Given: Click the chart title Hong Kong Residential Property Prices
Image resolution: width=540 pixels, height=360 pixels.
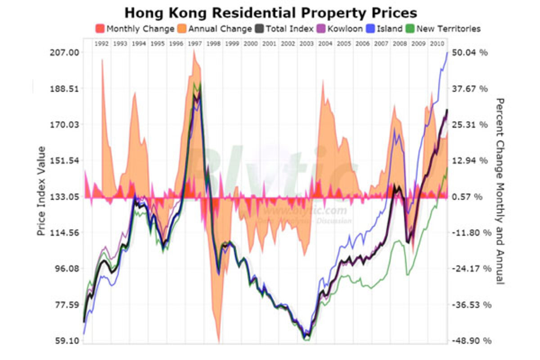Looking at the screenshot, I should coord(270,12).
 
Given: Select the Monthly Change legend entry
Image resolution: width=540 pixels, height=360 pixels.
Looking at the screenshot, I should coord(139,29).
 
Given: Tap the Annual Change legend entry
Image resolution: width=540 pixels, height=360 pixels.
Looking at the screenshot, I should coord(220,29).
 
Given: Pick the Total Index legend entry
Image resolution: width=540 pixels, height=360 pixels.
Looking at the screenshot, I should coord(289,29).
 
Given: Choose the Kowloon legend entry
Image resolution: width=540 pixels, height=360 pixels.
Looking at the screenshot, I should coord(345,29).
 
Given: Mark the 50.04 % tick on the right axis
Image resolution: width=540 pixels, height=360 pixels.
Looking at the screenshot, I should coord(470,53).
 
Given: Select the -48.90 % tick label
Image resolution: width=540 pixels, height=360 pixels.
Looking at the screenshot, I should coord(469,341).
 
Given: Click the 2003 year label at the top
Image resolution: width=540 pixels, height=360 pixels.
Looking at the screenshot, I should coord(306,44).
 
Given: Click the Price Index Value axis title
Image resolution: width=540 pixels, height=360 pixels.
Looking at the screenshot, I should coord(41,191).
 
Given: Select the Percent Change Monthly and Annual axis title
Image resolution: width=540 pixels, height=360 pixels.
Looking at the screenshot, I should coord(499,191).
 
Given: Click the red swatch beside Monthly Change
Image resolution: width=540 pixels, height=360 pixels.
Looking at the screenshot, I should coord(100,29).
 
